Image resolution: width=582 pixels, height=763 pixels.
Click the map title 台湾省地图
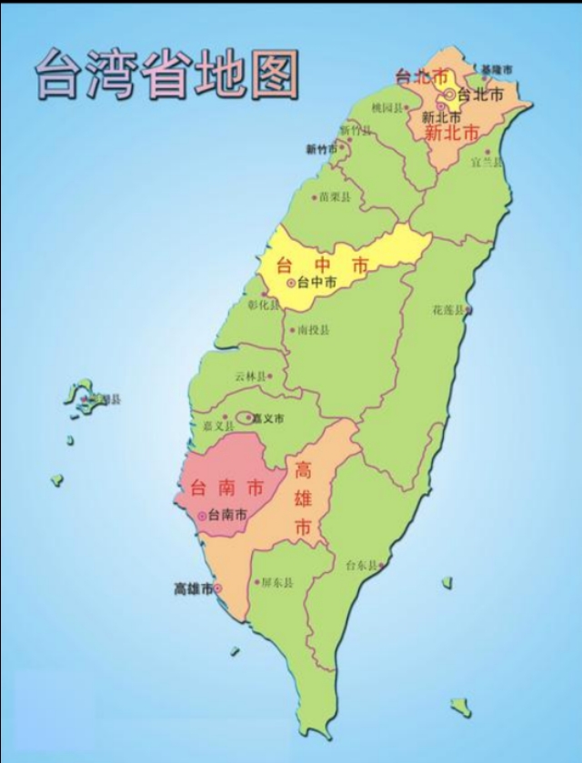point(166,73)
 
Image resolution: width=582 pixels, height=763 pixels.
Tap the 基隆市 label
point(497,69)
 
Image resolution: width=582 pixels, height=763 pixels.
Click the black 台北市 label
point(476,95)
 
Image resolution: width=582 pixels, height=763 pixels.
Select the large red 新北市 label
point(451,133)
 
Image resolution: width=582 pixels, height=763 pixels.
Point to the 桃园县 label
point(386,107)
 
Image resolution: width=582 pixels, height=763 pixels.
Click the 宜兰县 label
point(487,162)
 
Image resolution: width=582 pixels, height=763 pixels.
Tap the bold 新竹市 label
point(321,149)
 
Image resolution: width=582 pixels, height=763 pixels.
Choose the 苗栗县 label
point(334,196)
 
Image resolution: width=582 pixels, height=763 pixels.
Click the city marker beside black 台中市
point(291,283)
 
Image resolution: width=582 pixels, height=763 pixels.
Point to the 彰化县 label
point(265,306)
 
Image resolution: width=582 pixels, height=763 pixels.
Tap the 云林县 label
point(250,376)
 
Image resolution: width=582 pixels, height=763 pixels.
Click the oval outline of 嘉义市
point(245,418)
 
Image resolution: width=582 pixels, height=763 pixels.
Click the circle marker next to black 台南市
point(201,515)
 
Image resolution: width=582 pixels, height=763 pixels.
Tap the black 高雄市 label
point(193,589)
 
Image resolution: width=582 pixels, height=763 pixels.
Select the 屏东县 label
point(276,582)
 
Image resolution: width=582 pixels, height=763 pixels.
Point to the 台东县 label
point(362,565)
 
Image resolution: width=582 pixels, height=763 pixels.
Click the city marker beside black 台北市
point(449,94)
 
